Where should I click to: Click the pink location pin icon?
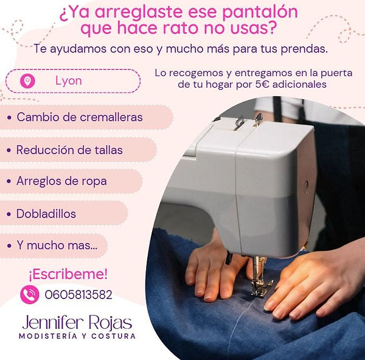coord(27,81)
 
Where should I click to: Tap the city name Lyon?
coord(68,81)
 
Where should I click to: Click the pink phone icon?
coord(30,294)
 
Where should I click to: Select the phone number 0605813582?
coord(78,294)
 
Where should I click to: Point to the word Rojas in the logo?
coord(111,323)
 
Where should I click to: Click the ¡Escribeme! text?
coord(68,274)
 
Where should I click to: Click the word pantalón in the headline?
coord(260,12)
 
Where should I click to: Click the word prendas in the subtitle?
coord(304,49)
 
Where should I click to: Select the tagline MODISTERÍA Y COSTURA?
coord(77,336)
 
